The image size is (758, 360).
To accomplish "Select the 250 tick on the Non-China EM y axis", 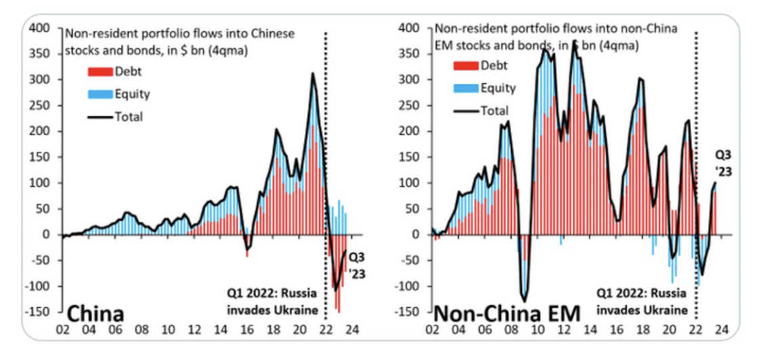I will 409,105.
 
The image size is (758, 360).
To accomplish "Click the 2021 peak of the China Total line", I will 313,73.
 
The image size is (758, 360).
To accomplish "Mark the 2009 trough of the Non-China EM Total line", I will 524,301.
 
